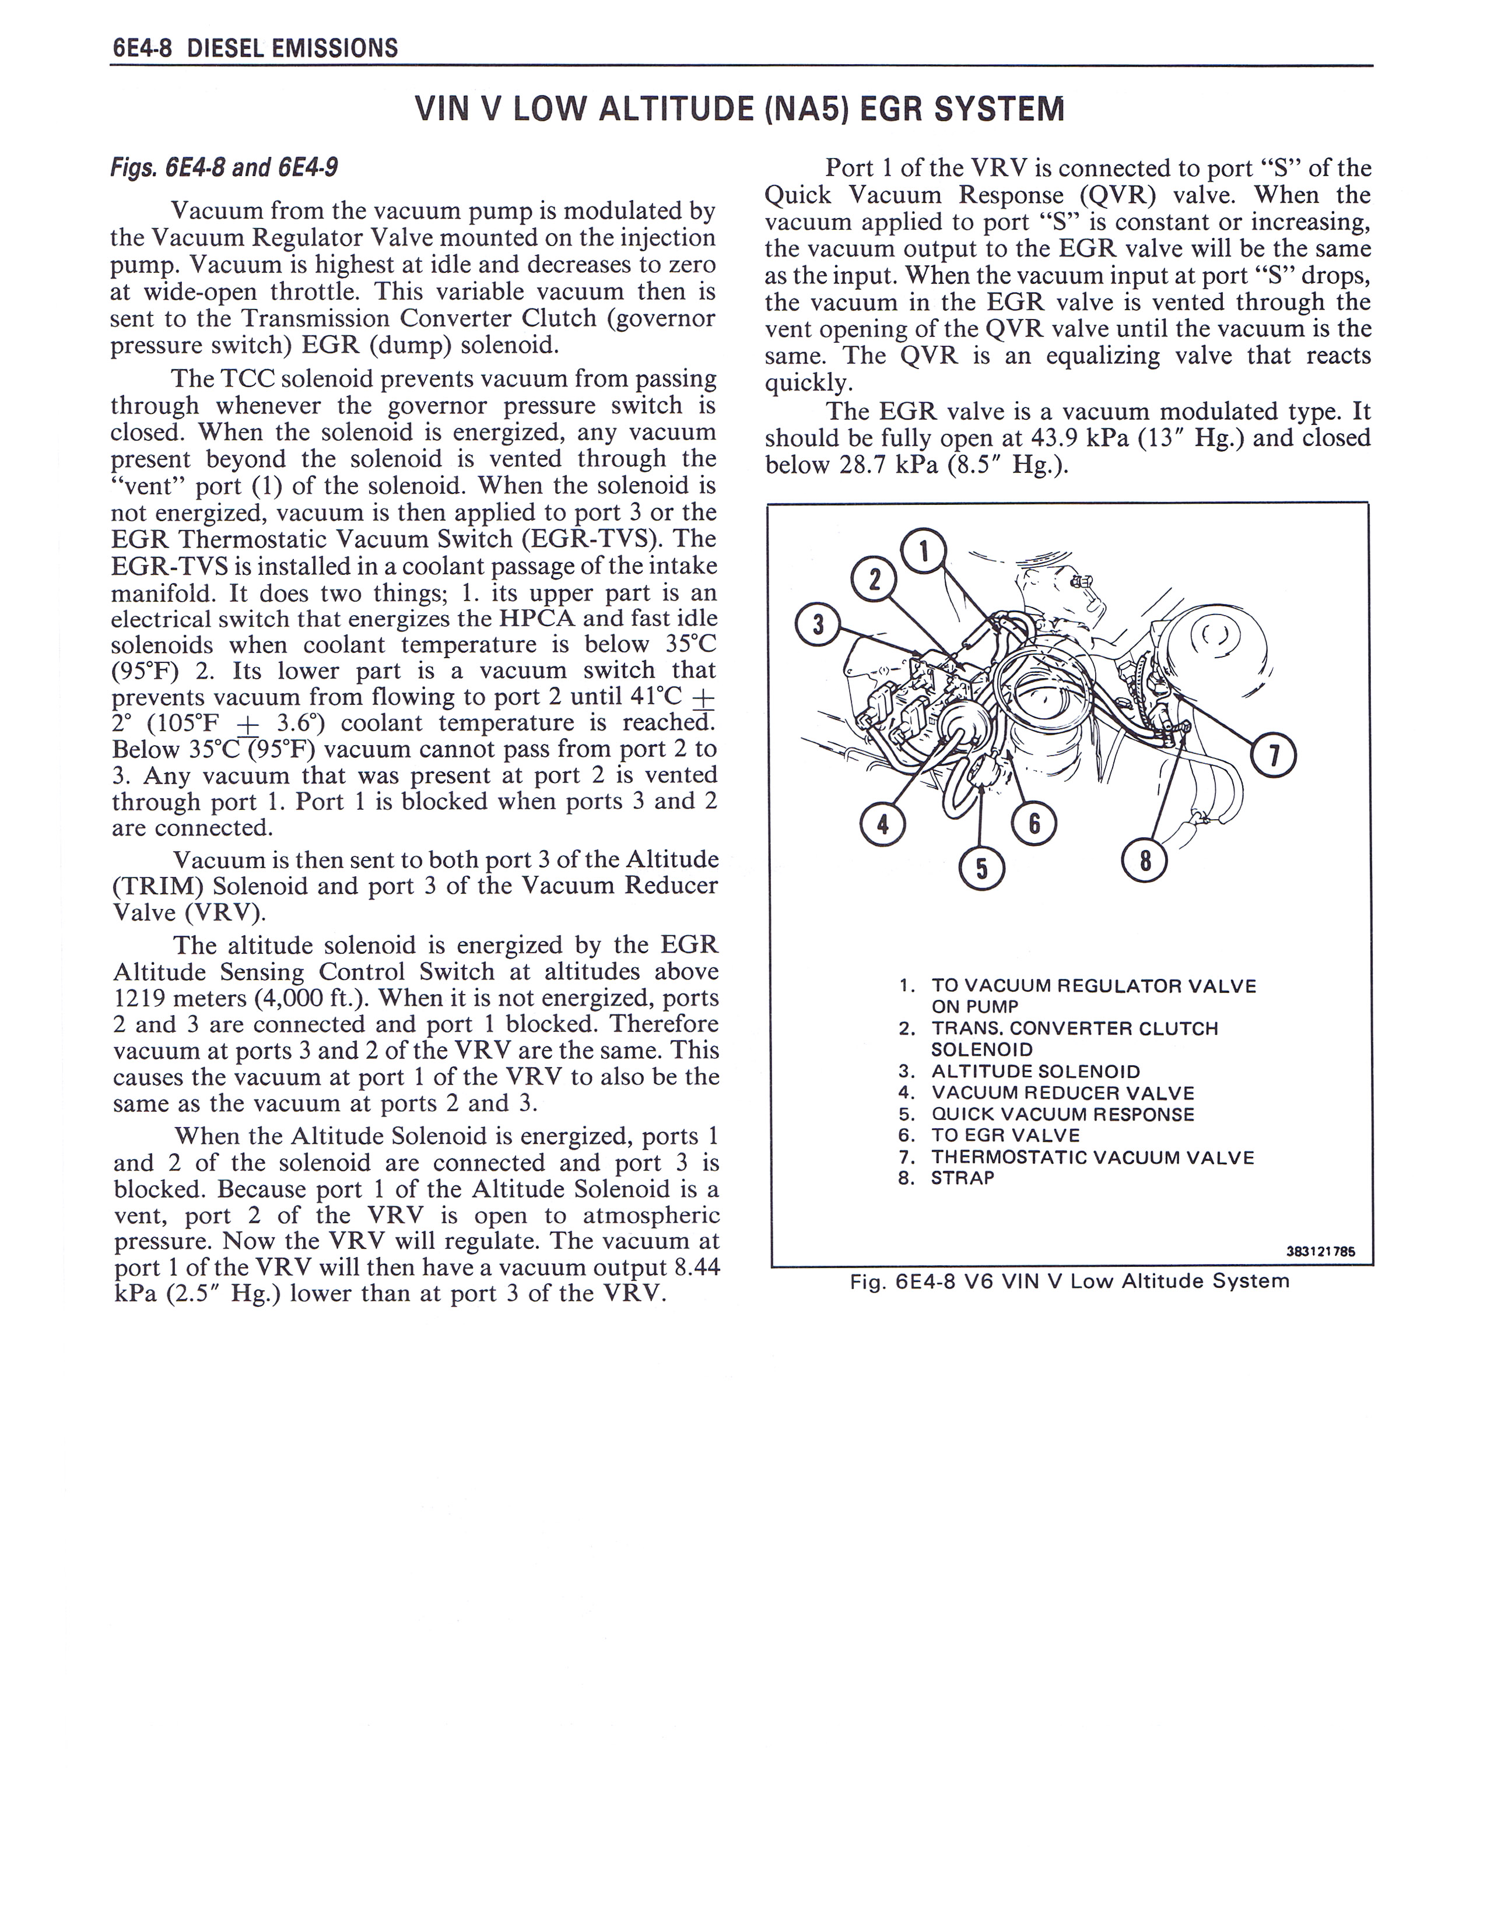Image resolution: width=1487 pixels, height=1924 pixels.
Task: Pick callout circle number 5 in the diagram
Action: coord(981,868)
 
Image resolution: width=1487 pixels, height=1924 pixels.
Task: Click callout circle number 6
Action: coord(1034,824)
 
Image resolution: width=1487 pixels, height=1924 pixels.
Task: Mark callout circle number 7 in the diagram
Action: coord(1274,755)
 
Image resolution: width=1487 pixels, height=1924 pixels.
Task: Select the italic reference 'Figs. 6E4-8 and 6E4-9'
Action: coord(224,167)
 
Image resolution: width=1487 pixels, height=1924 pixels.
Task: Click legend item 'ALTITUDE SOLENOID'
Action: coord(1035,1071)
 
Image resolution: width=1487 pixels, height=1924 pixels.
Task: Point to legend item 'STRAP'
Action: coord(962,1178)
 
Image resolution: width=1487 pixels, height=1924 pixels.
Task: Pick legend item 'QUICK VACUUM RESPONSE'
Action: coord(1062,1114)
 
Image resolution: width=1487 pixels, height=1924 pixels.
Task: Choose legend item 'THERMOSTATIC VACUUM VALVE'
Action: coord(1092,1157)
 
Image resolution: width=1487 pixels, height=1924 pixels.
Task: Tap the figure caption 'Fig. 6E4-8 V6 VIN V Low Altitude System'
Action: coord(1068,1281)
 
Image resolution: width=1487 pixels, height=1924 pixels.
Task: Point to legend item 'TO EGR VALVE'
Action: coord(1005,1136)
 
